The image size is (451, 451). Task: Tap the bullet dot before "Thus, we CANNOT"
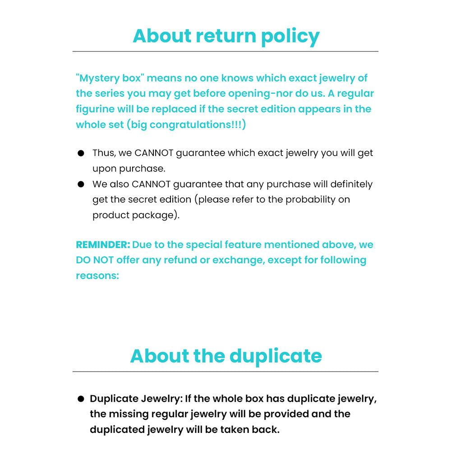tap(81, 153)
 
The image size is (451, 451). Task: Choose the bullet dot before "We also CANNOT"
tap(81, 184)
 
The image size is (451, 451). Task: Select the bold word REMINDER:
tap(103, 245)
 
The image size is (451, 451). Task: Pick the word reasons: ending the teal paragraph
tap(97, 276)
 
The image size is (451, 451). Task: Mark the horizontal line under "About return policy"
tap(225, 51)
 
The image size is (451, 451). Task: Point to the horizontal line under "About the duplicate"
tap(225, 372)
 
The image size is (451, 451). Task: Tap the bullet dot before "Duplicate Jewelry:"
tap(81, 399)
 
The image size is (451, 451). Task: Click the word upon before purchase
tap(104, 169)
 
